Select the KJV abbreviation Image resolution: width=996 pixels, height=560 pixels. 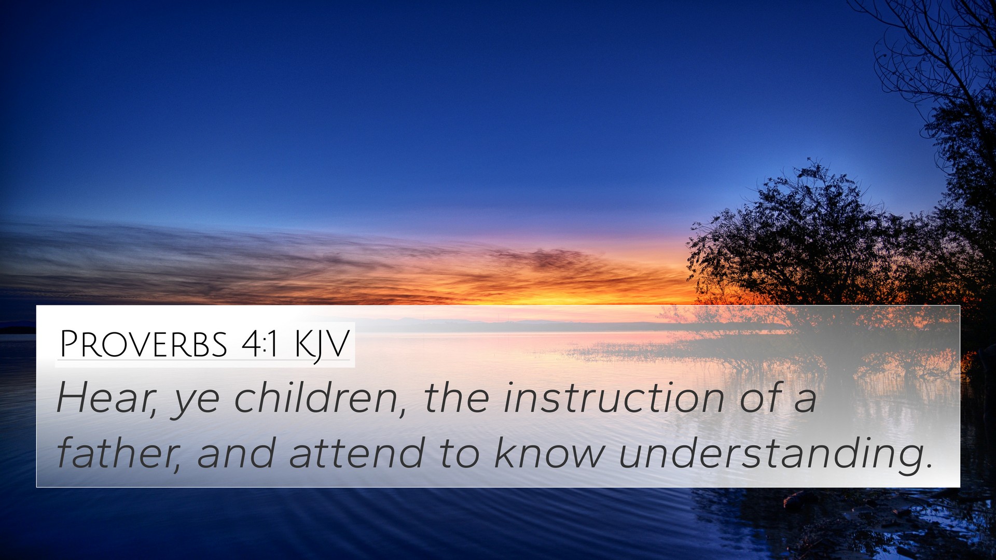tap(322, 345)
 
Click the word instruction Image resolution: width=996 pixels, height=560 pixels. tap(614, 398)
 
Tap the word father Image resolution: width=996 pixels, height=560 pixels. tap(119, 453)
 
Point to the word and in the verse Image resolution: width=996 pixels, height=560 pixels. tap(236, 453)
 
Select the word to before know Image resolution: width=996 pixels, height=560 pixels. tap(460, 454)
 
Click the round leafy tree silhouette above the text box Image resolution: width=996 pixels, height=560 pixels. tap(799, 233)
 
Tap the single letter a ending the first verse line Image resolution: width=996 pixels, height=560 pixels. tap(806, 401)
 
